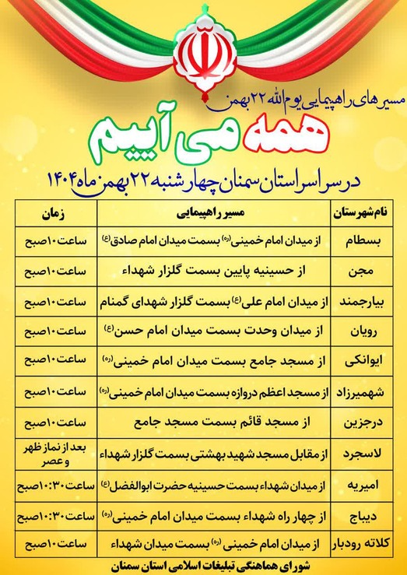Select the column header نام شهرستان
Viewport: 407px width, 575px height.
coord(363,211)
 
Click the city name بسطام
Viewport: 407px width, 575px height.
coord(363,240)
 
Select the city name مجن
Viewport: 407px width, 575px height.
coord(363,272)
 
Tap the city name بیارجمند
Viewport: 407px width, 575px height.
coord(363,300)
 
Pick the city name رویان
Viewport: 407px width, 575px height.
coord(363,331)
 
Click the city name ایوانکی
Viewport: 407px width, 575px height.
coord(363,361)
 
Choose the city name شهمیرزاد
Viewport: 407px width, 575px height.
coord(363,392)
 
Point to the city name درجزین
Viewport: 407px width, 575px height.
coord(363,424)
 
